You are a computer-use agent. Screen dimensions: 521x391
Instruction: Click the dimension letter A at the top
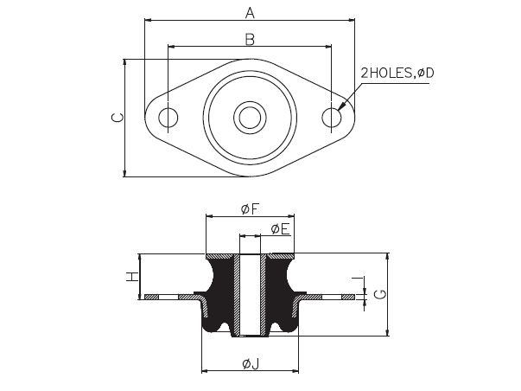click(x=250, y=13)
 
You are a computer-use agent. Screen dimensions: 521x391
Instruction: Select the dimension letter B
click(x=250, y=39)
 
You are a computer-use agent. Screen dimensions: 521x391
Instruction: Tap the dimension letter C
click(x=118, y=118)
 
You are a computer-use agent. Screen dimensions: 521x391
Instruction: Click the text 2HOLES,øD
click(x=397, y=73)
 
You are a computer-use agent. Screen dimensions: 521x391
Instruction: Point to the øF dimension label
click(x=250, y=209)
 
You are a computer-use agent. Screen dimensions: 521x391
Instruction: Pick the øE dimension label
click(x=280, y=229)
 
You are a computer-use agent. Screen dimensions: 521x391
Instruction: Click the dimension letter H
click(x=132, y=277)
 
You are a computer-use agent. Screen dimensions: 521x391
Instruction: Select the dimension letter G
click(x=380, y=294)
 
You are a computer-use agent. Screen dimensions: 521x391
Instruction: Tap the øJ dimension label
click(x=251, y=364)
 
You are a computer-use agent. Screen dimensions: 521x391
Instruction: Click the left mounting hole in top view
click(x=168, y=118)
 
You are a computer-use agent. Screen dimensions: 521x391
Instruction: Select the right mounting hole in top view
click(x=332, y=118)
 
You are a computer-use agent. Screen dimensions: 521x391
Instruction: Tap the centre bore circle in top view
click(x=250, y=118)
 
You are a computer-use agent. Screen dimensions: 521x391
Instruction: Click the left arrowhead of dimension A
click(x=149, y=20)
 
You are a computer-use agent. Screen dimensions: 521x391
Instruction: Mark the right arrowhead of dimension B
click(x=328, y=47)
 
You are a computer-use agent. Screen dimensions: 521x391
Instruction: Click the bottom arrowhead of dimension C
click(x=125, y=173)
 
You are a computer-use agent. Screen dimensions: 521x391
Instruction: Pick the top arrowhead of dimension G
click(x=387, y=257)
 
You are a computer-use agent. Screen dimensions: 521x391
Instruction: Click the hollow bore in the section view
click(x=250, y=295)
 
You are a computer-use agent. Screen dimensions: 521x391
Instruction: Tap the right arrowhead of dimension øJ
click(x=295, y=371)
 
